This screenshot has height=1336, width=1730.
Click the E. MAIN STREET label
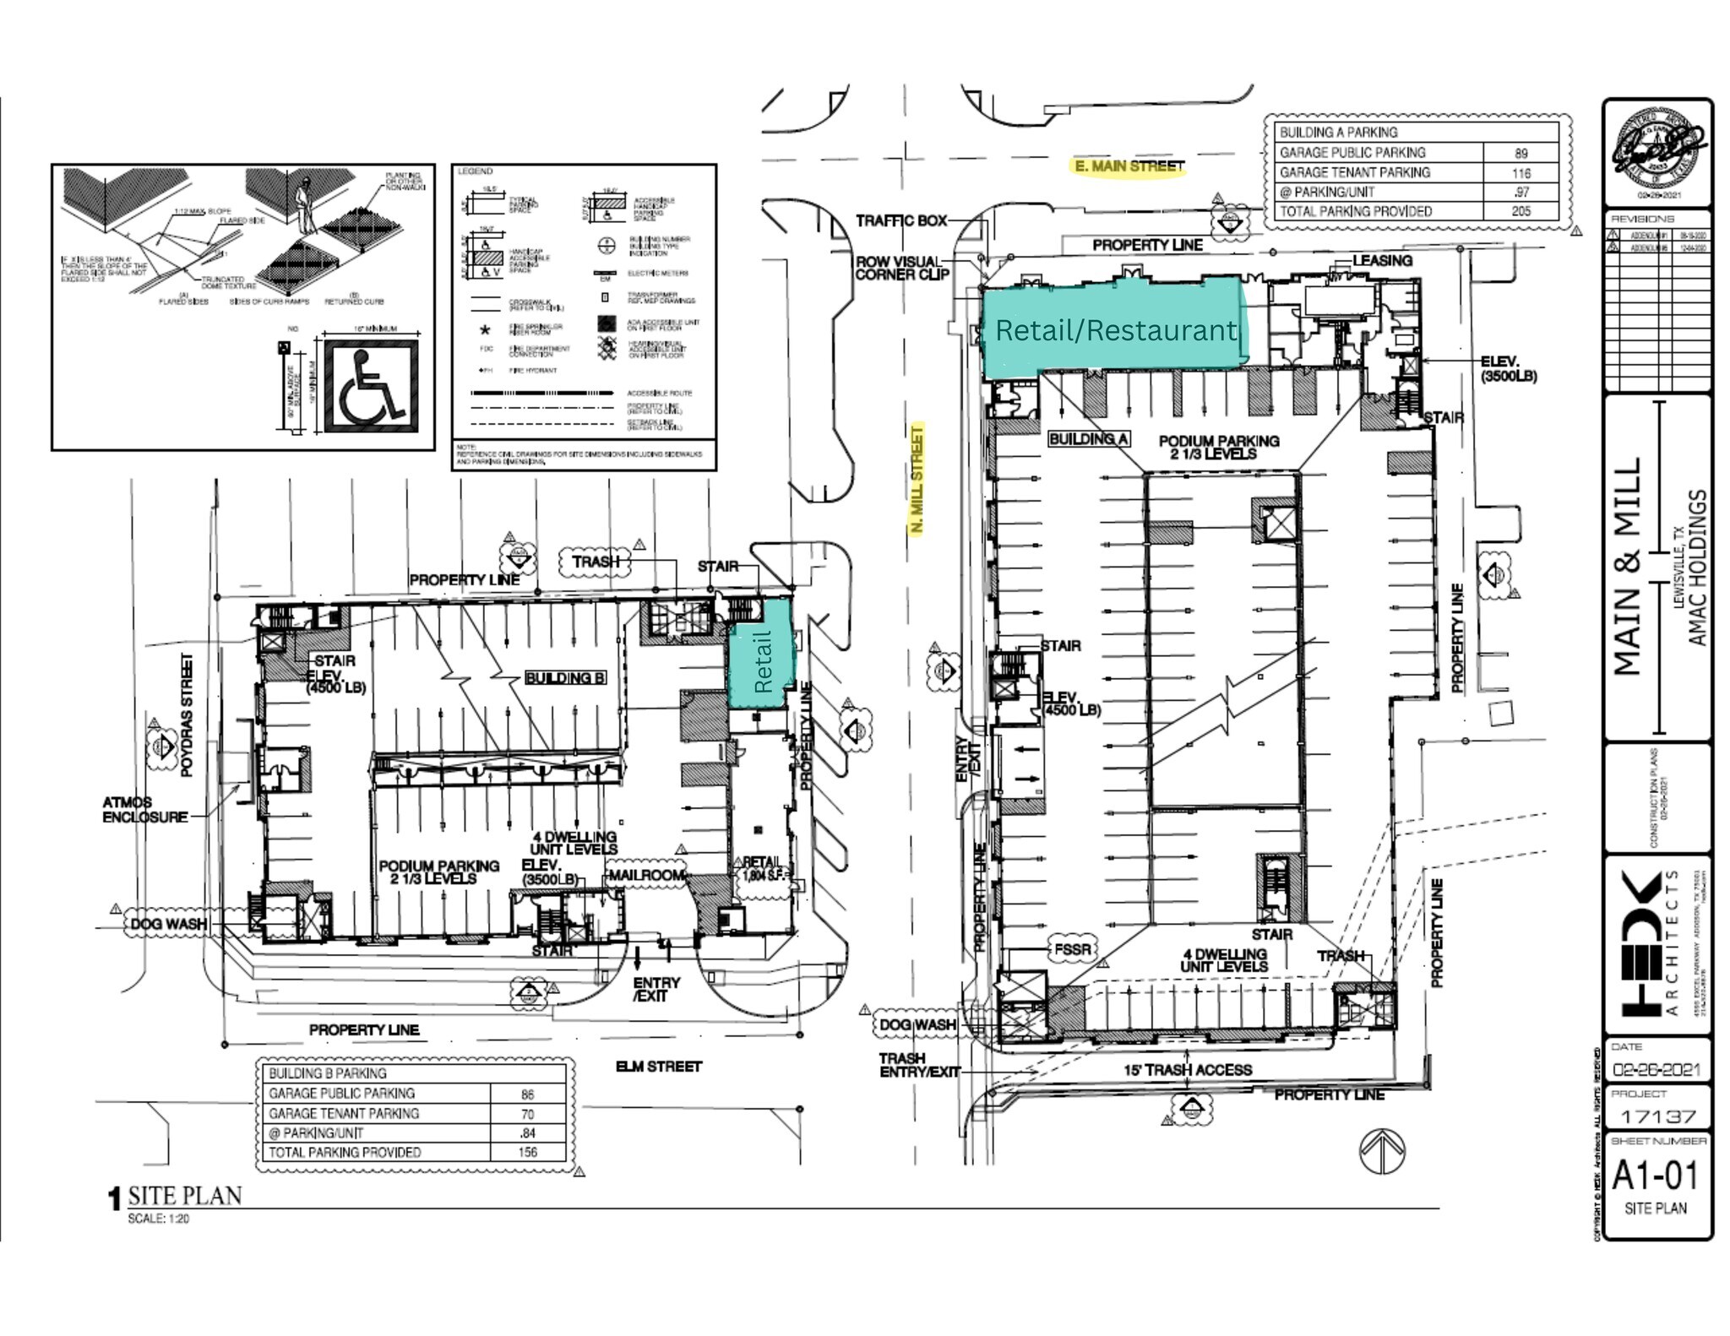click(1129, 166)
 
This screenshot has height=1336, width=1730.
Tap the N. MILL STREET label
click(917, 479)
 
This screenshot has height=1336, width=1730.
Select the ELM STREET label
click(658, 1067)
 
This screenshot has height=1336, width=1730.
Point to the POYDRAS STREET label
click(188, 714)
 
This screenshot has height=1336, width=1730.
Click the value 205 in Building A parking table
click(1521, 211)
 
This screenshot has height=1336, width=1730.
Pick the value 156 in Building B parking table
click(528, 1152)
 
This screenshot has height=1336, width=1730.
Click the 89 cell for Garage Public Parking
click(1521, 154)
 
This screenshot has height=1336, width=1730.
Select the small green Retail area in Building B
click(761, 654)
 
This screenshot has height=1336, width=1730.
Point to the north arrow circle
click(1382, 1151)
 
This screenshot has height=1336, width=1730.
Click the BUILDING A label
click(1089, 439)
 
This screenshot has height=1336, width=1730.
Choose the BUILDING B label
click(565, 678)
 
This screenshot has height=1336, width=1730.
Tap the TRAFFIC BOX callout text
click(901, 220)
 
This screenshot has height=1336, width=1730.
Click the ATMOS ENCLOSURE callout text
click(144, 810)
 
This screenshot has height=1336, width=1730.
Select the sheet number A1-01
click(1654, 1175)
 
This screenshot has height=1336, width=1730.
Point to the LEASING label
click(1382, 261)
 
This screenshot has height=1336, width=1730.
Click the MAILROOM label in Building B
click(646, 875)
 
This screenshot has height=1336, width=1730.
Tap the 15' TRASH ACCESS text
click(1187, 1070)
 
